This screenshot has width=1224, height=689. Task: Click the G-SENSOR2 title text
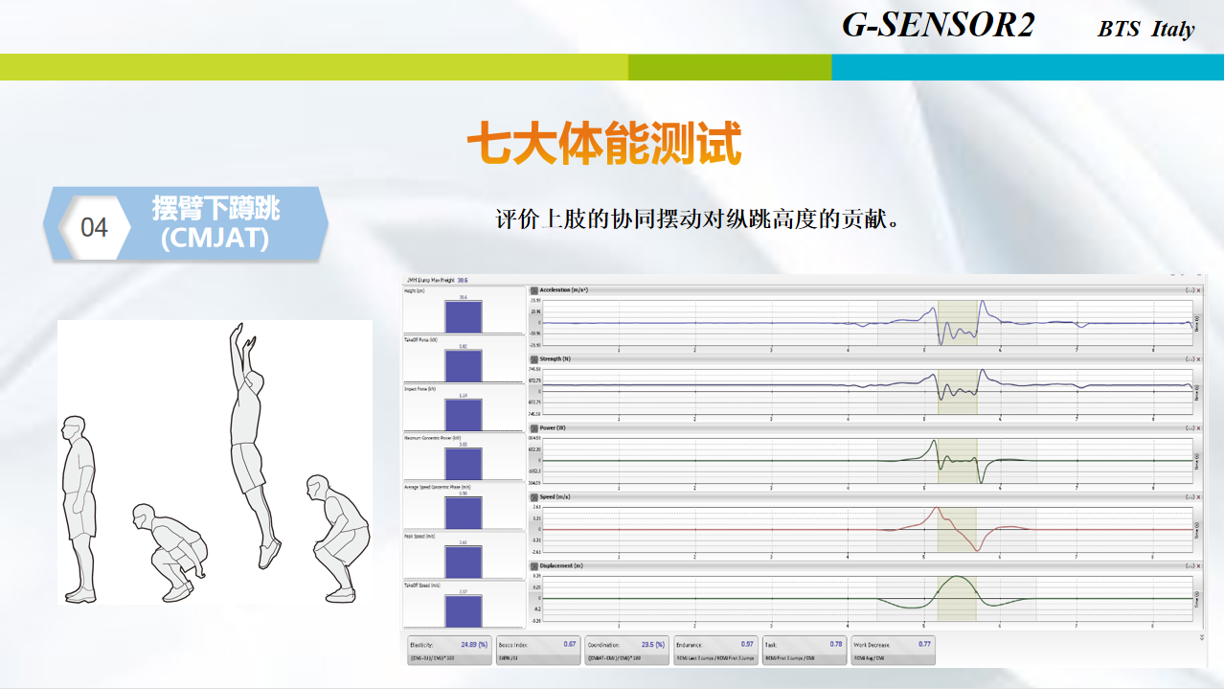click(938, 25)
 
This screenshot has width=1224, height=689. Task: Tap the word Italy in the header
click(1173, 30)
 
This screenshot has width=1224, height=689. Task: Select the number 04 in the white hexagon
click(94, 228)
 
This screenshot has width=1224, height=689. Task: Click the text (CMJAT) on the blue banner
click(215, 238)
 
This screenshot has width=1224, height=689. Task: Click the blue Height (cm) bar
click(464, 316)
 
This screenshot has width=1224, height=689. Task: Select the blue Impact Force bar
click(464, 415)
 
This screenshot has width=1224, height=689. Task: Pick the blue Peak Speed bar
click(464, 561)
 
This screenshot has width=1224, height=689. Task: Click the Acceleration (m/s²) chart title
click(564, 289)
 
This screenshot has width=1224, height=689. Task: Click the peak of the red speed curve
click(937, 508)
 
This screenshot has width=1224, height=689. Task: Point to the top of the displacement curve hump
click(957, 577)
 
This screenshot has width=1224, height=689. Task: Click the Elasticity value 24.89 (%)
click(474, 644)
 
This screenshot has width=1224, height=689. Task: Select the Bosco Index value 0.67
click(569, 644)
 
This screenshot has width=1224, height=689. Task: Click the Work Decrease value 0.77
click(923, 644)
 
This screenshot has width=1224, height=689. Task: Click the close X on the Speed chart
click(1197, 496)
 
